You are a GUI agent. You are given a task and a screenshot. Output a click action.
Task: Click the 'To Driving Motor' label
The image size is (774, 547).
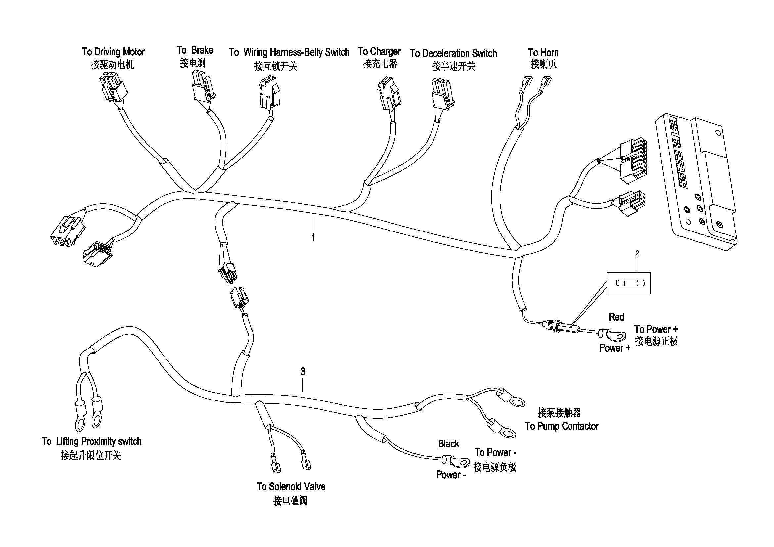point(113,52)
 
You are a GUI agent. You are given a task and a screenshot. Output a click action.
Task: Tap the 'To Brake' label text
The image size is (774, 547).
point(195,50)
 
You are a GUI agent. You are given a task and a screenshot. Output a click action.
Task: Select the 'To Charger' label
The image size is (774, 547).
point(379,52)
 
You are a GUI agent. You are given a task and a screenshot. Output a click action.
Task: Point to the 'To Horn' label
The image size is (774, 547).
point(543,53)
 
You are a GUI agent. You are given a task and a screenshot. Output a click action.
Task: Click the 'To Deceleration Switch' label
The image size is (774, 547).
point(453,53)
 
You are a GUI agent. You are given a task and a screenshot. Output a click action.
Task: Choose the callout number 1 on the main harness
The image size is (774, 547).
point(313,238)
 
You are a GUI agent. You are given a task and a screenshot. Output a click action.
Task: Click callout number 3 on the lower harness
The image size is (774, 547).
point(303,372)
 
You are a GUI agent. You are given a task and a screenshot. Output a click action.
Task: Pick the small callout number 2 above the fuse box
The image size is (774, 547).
point(637,253)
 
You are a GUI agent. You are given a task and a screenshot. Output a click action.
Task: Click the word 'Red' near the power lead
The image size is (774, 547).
point(616,317)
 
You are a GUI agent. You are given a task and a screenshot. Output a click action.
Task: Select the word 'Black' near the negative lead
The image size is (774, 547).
point(449,444)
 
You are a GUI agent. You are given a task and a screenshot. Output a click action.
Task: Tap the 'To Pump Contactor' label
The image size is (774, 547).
point(562,426)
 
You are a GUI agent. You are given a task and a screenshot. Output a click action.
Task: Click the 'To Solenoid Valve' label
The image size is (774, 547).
point(291,486)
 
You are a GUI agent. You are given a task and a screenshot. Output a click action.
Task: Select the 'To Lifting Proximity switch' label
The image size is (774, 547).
point(91,441)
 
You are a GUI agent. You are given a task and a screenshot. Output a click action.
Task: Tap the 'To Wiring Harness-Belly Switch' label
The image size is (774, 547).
point(289,52)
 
